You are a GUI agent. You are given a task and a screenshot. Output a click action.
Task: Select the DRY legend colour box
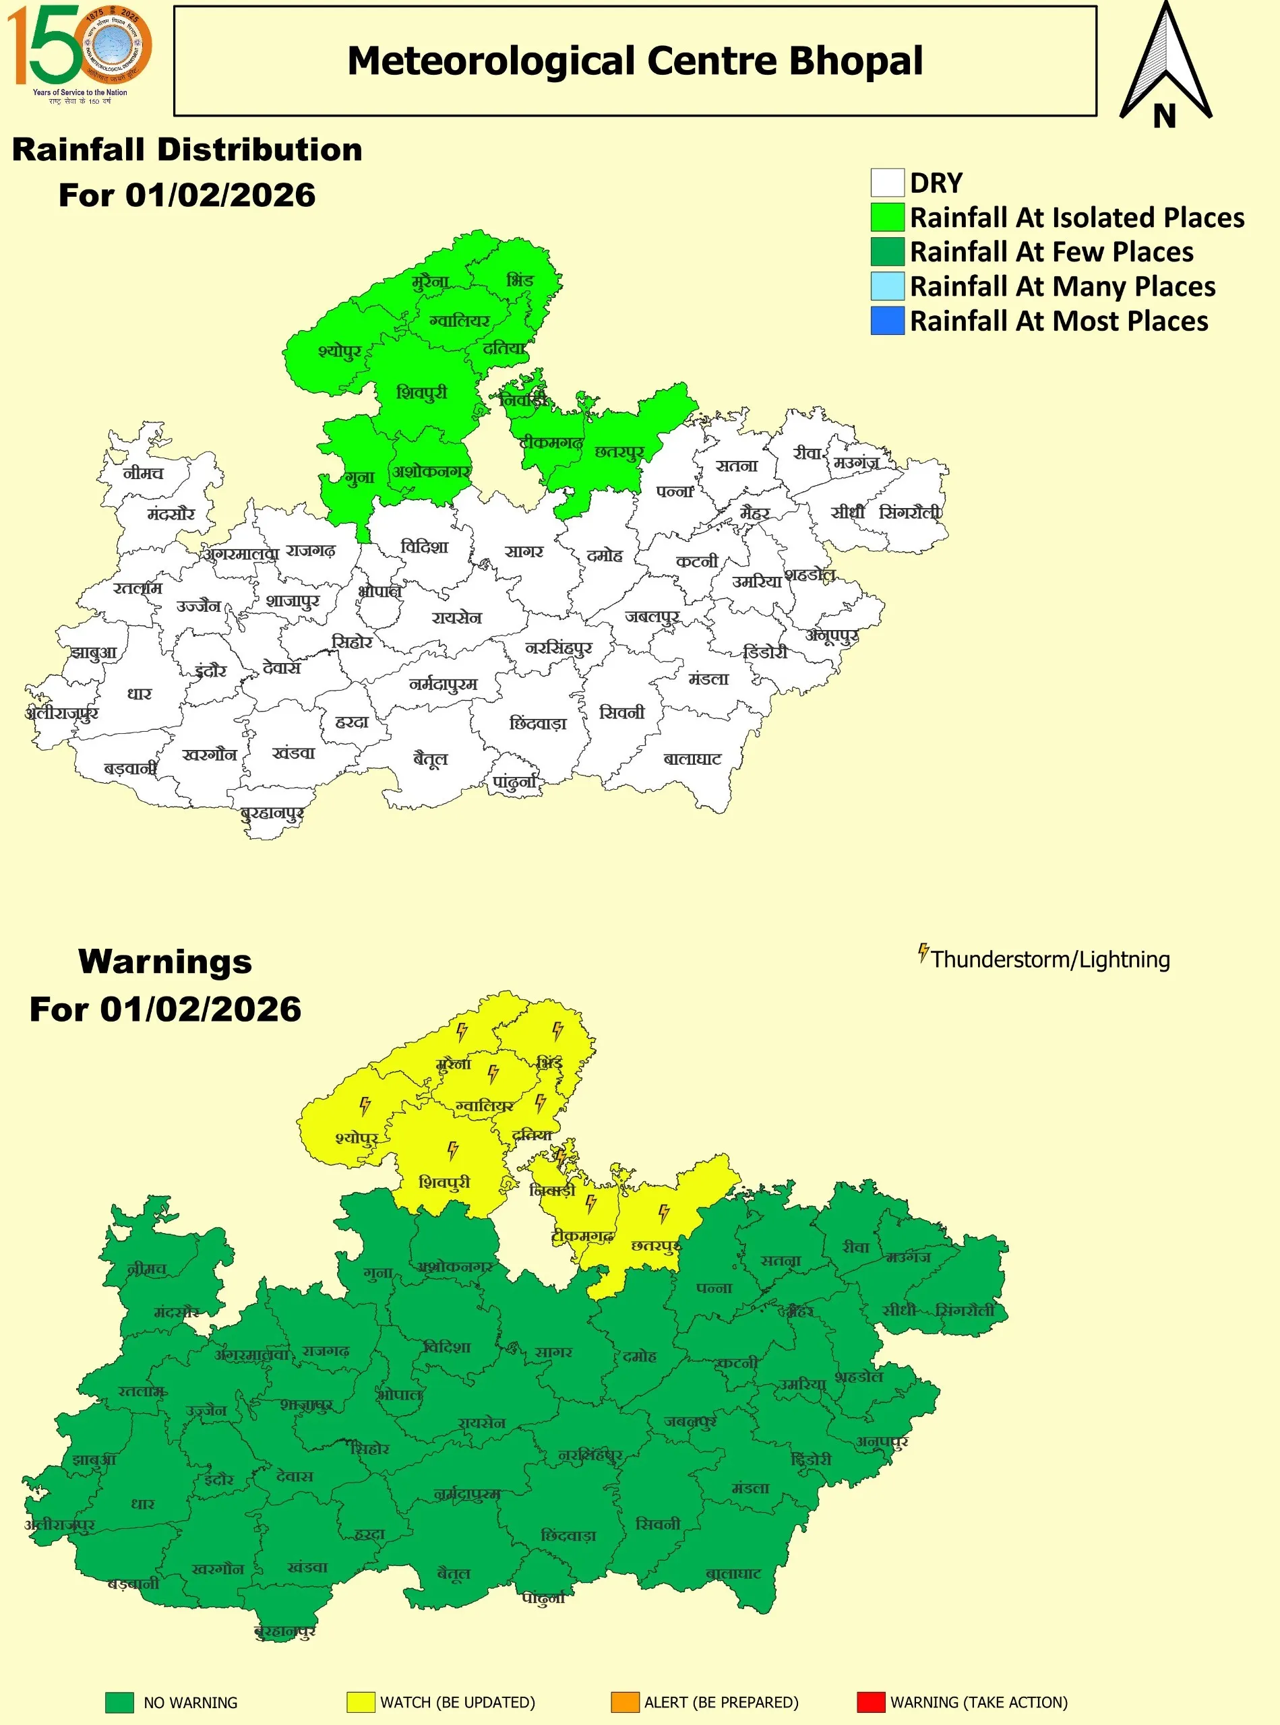pyautogui.click(x=887, y=183)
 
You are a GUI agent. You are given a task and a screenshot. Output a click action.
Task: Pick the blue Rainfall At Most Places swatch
pyautogui.click(x=887, y=321)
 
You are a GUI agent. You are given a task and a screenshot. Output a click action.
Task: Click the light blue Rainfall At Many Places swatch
pyautogui.click(x=887, y=286)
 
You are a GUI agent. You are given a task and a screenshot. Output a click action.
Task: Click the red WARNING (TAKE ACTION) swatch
pyautogui.click(x=870, y=1702)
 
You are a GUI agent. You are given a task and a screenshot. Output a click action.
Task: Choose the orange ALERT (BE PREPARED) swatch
pyautogui.click(x=625, y=1702)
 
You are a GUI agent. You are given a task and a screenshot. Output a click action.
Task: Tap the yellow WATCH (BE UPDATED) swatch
pyautogui.click(x=361, y=1702)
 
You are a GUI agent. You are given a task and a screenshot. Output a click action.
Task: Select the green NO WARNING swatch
pyautogui.click(x=119, y=1702)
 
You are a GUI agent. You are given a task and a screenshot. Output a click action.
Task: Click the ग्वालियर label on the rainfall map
pyautogui.click(x=460, y=320)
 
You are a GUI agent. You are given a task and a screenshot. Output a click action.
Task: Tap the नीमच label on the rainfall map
pyautogui.click(x=144, y=472)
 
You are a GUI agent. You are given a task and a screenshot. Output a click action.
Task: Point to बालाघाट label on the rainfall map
pyautogui.click(x=692, y=759)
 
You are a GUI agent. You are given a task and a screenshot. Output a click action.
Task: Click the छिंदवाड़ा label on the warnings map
pyautogui.click(x=568, y=1535)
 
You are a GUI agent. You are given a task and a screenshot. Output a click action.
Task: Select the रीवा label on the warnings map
pyautogui.click(x=855, y=1247)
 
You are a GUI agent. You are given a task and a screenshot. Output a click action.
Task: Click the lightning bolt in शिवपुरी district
pyautogui.click(x=453, y=1150)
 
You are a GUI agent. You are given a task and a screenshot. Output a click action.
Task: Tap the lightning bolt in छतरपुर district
pyautogui.click(x=664, y=1212)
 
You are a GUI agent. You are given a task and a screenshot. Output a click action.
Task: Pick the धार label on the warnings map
pyautogui.click(x=143, y=1503)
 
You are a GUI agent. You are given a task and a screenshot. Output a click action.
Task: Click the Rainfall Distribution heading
pyautogui.click(x=187, y=150)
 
